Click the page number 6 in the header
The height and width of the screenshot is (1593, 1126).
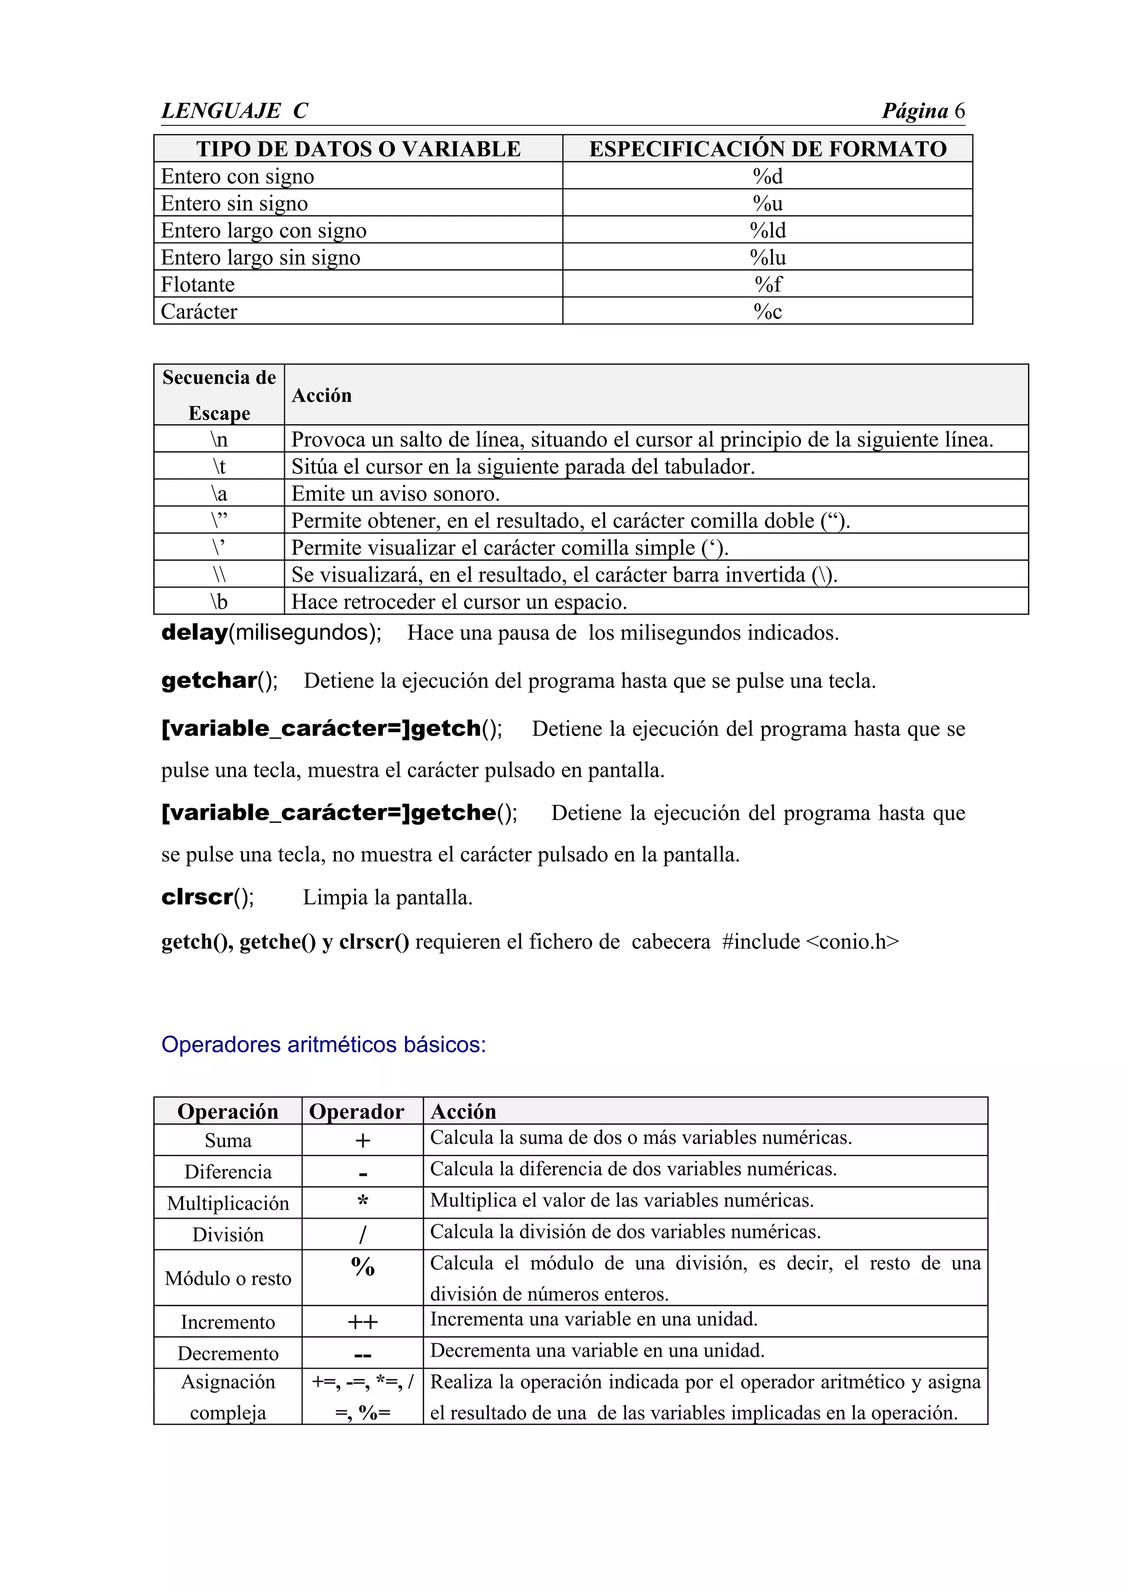tap(959, 111)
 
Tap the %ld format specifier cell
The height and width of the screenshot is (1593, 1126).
tap(768, 230)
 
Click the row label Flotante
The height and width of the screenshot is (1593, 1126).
tap(198, 285)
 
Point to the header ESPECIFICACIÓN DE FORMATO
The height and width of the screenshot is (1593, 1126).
tap(768, 149)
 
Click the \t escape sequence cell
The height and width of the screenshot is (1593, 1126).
tap(219, 466)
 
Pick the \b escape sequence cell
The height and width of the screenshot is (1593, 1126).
tap(219, 601)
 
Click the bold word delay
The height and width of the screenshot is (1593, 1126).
tap(194, 633)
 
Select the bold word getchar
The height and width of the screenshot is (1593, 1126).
tap(209, 681)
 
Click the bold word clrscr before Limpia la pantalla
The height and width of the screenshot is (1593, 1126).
tap(197, 898)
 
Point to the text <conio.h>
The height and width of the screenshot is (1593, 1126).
tap(853, 942)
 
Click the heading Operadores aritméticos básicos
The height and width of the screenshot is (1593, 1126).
tap(323, 1044)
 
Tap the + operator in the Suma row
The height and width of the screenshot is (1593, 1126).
tap(362, 1141)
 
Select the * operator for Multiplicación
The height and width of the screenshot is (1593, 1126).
tap(362, 1201)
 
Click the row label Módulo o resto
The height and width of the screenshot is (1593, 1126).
tap(228, 1279)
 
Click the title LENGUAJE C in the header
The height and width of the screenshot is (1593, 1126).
tap(235, 111)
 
